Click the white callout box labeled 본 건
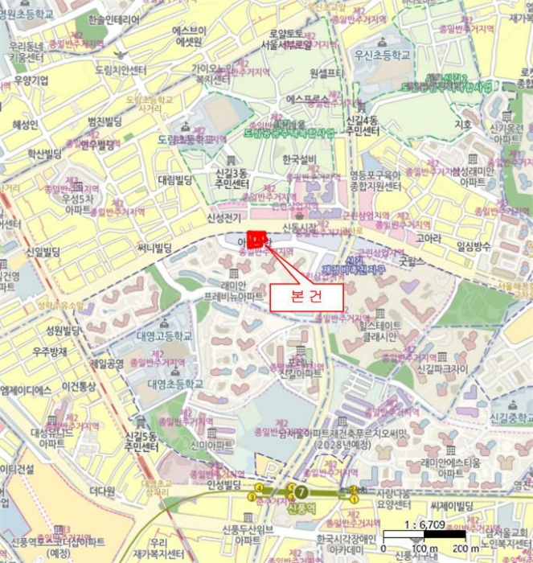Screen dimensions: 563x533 [306, 295]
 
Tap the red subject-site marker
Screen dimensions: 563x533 [256, 238]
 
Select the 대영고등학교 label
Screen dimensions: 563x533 [165, 336]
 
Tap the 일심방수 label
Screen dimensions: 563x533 [473, 247]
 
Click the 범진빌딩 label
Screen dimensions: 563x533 [105, 121]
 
